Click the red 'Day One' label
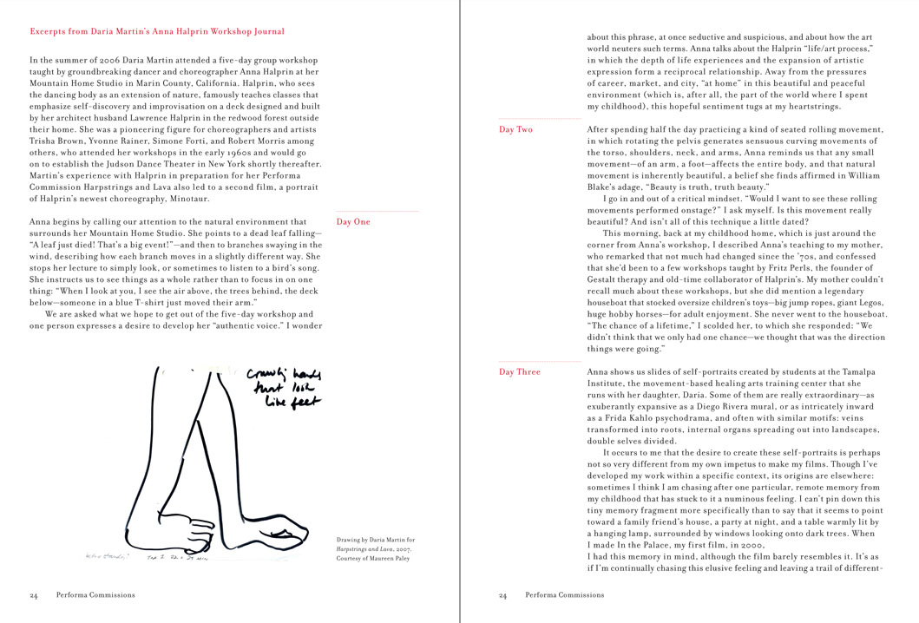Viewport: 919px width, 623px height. point(352,222)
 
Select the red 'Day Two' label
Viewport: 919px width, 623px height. point(515,129)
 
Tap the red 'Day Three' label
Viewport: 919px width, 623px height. point(519,372)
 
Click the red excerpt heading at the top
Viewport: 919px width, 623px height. point(157,31)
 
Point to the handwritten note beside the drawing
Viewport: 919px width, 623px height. point(282,387)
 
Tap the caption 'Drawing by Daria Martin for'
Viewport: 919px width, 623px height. point(372,541)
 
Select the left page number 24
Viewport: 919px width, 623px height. point(33,596)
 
